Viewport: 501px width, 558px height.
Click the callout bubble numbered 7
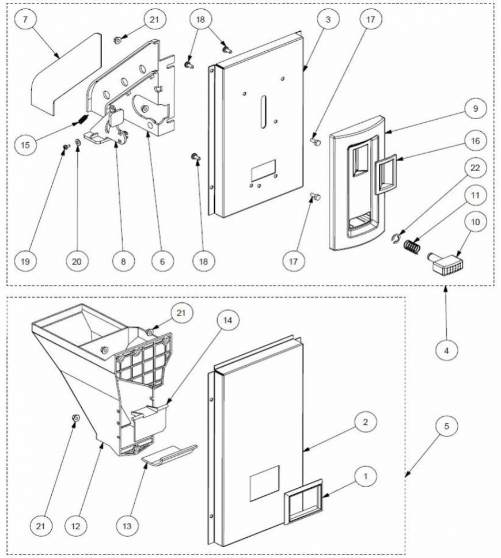25,20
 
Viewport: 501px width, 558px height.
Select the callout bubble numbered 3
328,20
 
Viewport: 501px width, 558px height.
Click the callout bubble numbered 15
25,145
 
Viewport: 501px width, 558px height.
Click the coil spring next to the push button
412,246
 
